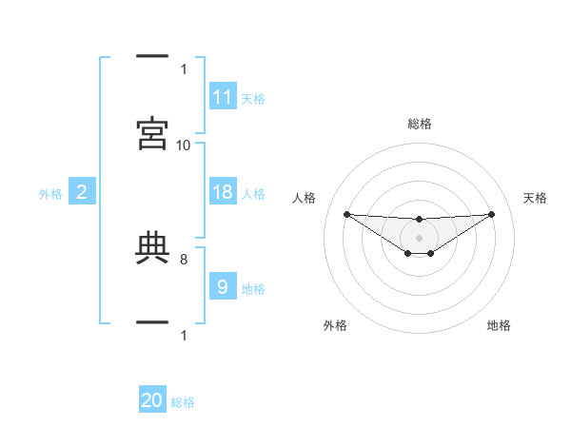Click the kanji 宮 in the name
pyautogui.click(x=153, y=134)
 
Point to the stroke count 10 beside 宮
pyautogui.click(x=184, y=145)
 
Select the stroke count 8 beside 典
pyautogui.click(x=184, y=257)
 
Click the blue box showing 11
pyautogui.click(x=223, y=97)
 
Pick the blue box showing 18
pyautogui.click(x=223, y=192)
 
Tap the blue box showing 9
pyautogui.click(x=223, y=287)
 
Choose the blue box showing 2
pyautogui.click(x=82, y=192)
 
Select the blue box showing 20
pyautogui.click(x=152, y=401)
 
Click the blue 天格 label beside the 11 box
pyautogui.click(x=253, y=98)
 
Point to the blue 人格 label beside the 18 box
pyautogui.click(x=253, y=193)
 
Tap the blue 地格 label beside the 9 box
pyautogui.click(x=253, y=288)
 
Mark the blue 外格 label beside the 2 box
pyautogui.click(x=50, y=193)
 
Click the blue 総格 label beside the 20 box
pyautogui.click(x=183, y=402)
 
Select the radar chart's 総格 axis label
pyautogui.click(x=420, y=124)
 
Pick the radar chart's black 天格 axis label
pyautogui.click(x=536, y=198)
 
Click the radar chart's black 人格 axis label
pyautogui.click(x=305, y=198)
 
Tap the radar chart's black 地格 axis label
pyautogui.click(x=499, y=325)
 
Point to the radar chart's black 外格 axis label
pyautogui.click(x=335, y=325)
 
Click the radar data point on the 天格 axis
pyautogui.click(x=492, y=214)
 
